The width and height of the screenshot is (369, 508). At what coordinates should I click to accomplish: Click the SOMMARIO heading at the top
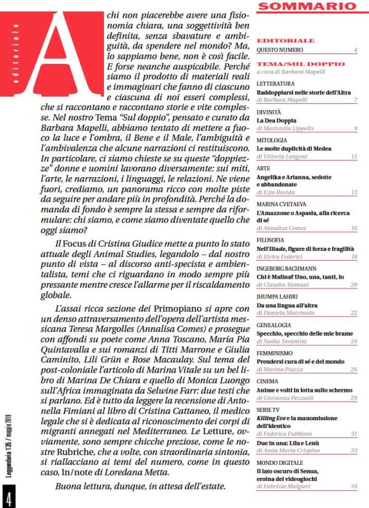307,8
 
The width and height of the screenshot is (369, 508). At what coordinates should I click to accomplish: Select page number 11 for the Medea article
354,157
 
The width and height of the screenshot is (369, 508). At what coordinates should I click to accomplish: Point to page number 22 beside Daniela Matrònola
354,312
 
